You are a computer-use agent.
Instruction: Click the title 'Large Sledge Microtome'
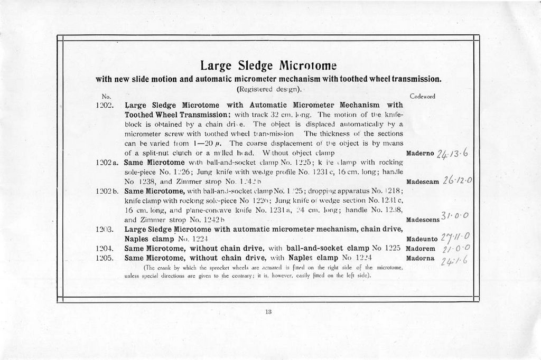pyautogui.click(x=268, y=66)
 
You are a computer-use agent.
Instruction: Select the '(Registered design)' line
pyautogui.click(x=268, y=89)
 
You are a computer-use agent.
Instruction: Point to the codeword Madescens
pyautogui.click(x=425, y=220)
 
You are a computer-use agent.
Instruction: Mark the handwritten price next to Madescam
pyautogui.click(x=457, y=180)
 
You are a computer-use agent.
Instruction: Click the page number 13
pyautogui.click(x=268, y=312)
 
